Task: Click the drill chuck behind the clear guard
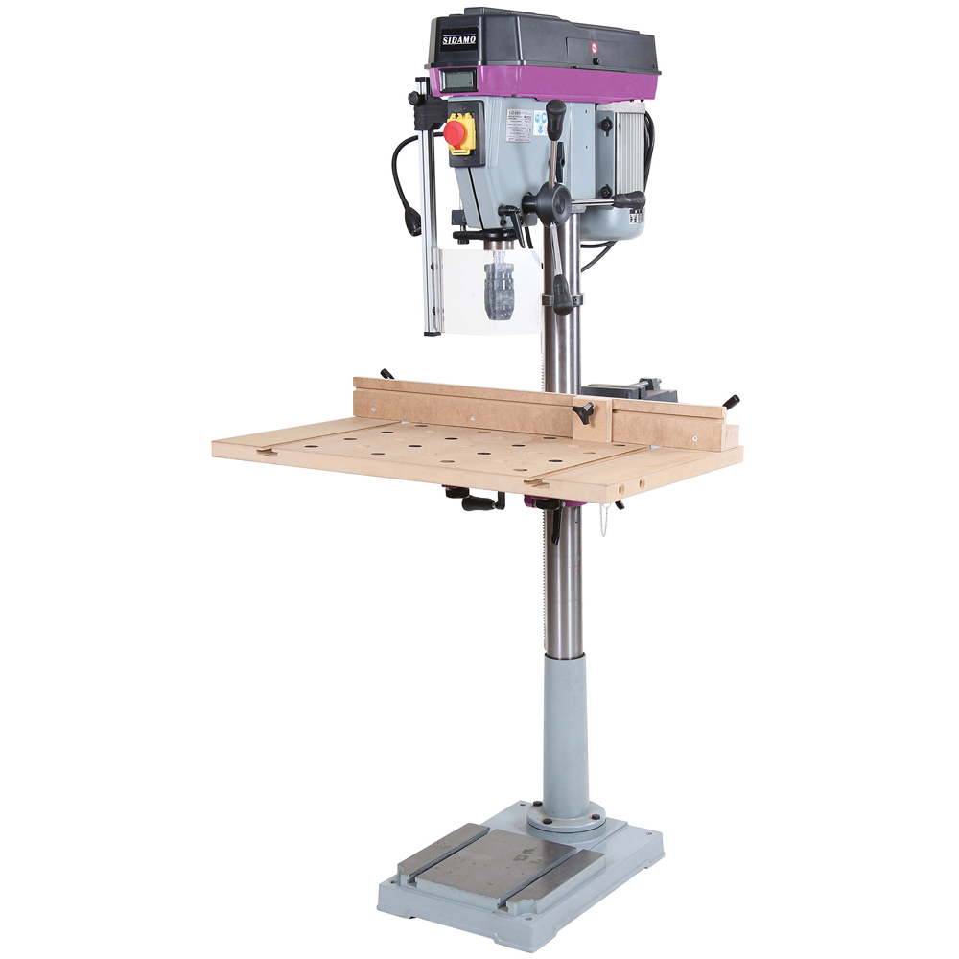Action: [500, 287]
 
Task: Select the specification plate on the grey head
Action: [519, 127]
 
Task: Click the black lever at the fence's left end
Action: [386, 374]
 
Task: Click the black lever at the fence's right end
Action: [732, 400]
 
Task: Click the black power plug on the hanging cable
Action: [414, 218]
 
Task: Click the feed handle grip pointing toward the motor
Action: [627, 200]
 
